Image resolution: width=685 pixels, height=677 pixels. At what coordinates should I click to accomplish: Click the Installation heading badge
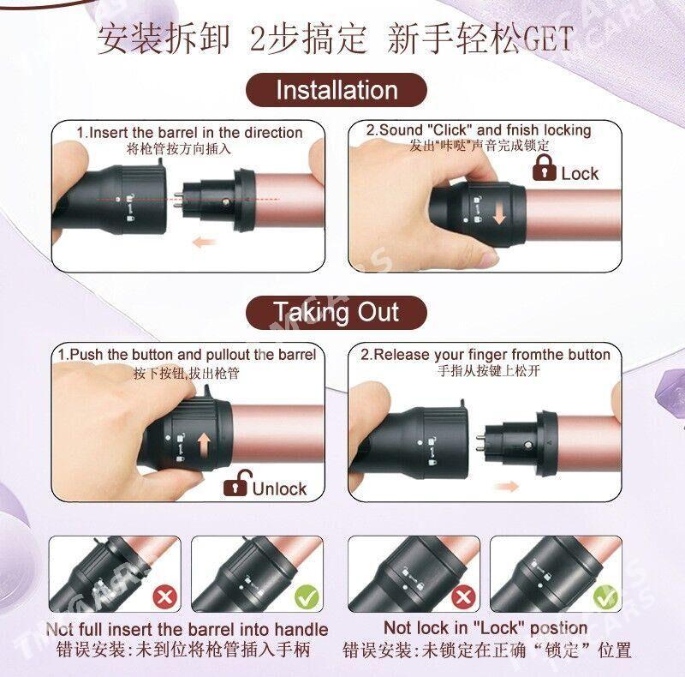[337, 90]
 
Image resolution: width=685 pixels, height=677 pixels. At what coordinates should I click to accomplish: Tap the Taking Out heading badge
[337, 312]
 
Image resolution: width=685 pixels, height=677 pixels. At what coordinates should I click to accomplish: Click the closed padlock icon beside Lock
[544, 167]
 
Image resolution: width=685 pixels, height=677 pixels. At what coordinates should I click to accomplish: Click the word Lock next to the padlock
[580, 174]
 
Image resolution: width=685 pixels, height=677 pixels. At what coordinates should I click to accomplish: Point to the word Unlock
[280, 488]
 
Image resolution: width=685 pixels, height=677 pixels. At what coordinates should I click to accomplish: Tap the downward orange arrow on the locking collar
[499, 214]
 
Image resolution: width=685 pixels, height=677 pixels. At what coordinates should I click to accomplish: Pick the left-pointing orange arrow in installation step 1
[205, 241]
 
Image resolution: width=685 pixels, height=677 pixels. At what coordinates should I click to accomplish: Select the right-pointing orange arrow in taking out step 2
[506, 486]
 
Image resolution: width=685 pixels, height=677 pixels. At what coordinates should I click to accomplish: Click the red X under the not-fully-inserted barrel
[164, 596]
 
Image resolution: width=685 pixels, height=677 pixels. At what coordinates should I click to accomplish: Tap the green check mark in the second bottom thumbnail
[307, 596]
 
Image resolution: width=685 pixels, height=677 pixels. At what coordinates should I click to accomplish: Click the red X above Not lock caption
[463, 596]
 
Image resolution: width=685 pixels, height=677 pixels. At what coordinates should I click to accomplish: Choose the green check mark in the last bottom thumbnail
[606, 596]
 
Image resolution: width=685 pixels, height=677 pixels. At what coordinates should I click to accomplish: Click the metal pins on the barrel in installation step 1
[178, 200]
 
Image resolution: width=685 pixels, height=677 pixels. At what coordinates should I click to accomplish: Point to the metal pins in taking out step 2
[479, 443]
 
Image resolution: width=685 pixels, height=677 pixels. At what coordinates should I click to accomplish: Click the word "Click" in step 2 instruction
[450, 130]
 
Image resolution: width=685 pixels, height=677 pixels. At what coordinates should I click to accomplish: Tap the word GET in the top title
[547, 39]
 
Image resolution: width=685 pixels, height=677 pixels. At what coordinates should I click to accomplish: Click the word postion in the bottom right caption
[559, 628]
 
